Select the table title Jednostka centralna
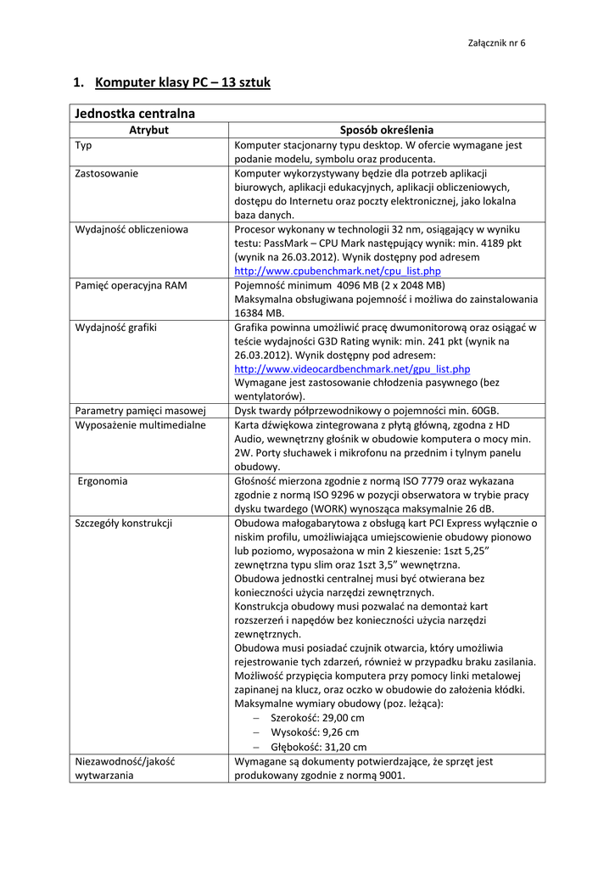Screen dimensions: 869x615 [135, 113]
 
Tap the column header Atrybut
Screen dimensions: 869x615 [148, 130]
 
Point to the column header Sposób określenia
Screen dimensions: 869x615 [386, 130]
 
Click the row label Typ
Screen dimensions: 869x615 [84, 145]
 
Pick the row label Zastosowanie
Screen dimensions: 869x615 [107, 173]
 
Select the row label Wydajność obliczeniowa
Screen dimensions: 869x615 [131, 229]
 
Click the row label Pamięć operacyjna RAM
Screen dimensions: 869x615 [131, 285]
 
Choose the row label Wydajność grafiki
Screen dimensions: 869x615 [115, 327]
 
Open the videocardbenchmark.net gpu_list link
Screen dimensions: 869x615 [352, 369]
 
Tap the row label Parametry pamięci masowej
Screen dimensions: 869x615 [141, 411]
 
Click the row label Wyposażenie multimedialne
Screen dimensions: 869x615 [141, 424]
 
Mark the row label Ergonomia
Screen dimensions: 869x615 [103, 480]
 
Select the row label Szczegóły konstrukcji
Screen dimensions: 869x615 [124, 523]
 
